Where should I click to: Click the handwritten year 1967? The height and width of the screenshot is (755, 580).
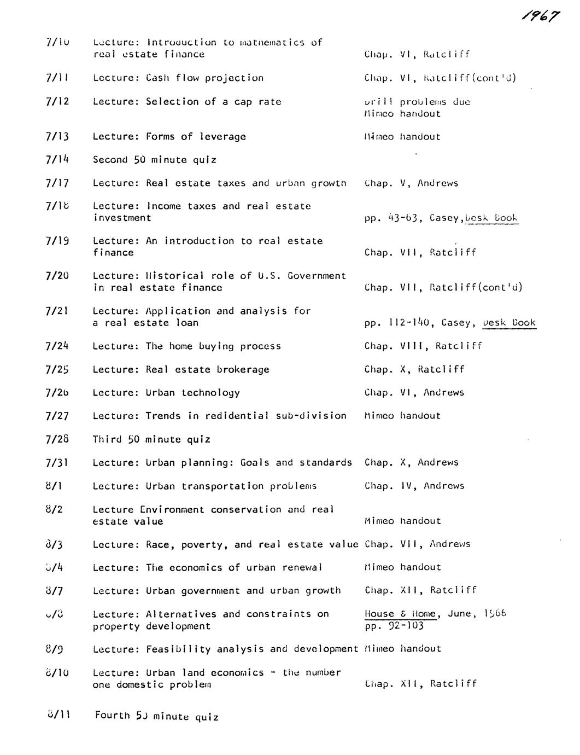click(x=541, y=16)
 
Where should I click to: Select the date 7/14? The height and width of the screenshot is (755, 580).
click(x=57, y=160)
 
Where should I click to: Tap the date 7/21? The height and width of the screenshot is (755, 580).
click(x=57, y=311)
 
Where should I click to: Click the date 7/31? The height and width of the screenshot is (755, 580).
click(x=57, y=463)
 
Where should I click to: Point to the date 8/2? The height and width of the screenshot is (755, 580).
click(x=55, y=509)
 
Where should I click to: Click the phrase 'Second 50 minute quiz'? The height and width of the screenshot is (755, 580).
click(x=155, y=160)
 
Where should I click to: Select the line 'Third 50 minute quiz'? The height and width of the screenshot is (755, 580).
click(x=151, y=439)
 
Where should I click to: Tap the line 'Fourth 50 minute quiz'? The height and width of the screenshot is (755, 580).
click(x=157, y=716)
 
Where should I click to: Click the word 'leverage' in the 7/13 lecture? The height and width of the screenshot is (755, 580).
click(x=222, y=137)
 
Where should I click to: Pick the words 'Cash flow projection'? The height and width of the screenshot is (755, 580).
click(x=204, y=78)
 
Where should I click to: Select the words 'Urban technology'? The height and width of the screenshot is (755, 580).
click(x=192, y=393)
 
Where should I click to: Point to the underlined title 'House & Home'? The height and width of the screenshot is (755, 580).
click(x=400, y=614)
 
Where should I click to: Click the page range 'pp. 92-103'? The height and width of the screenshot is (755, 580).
click(x=394, y=626)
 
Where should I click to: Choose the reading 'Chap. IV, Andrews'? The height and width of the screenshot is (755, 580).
click(x=414, y=486)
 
